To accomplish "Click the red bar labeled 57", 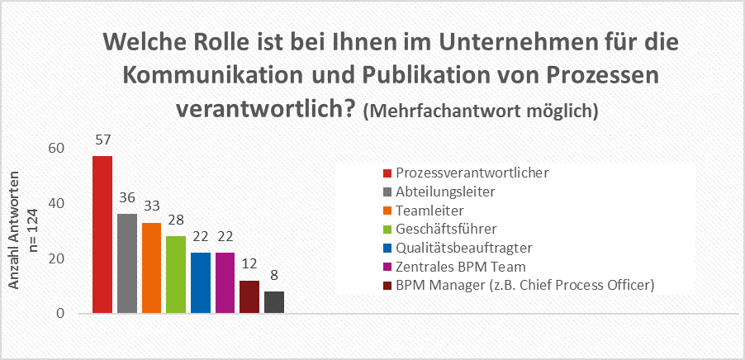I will tap(102, 234).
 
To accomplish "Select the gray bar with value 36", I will tap(127, 263).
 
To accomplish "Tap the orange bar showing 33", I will tap(151, 268).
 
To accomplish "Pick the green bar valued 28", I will tap(176, 274).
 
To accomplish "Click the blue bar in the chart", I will tap(201, 282).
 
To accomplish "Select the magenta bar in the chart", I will tap(225, 282).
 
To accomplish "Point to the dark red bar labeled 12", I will tap(249, 296).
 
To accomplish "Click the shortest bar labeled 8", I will tap(274, 302).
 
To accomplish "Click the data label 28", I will tap(176, 222).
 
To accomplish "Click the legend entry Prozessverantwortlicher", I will tap(472, 173).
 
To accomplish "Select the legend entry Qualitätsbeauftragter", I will tap(463, 248).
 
